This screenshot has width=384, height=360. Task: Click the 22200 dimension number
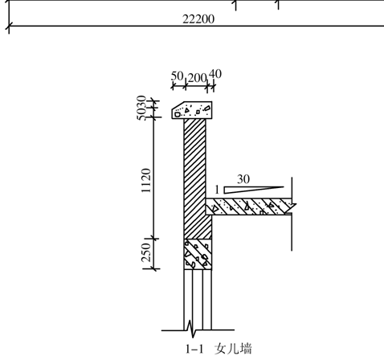198,19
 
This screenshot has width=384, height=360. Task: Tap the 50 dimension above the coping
177,76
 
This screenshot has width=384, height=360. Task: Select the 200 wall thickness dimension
197,78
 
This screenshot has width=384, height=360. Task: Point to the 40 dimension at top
215,74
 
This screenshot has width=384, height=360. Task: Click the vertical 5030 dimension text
141,108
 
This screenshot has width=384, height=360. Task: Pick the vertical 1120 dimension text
146,181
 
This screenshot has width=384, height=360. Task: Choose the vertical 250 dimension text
146,252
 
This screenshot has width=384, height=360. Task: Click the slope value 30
243,179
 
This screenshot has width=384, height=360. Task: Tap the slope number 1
217,190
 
